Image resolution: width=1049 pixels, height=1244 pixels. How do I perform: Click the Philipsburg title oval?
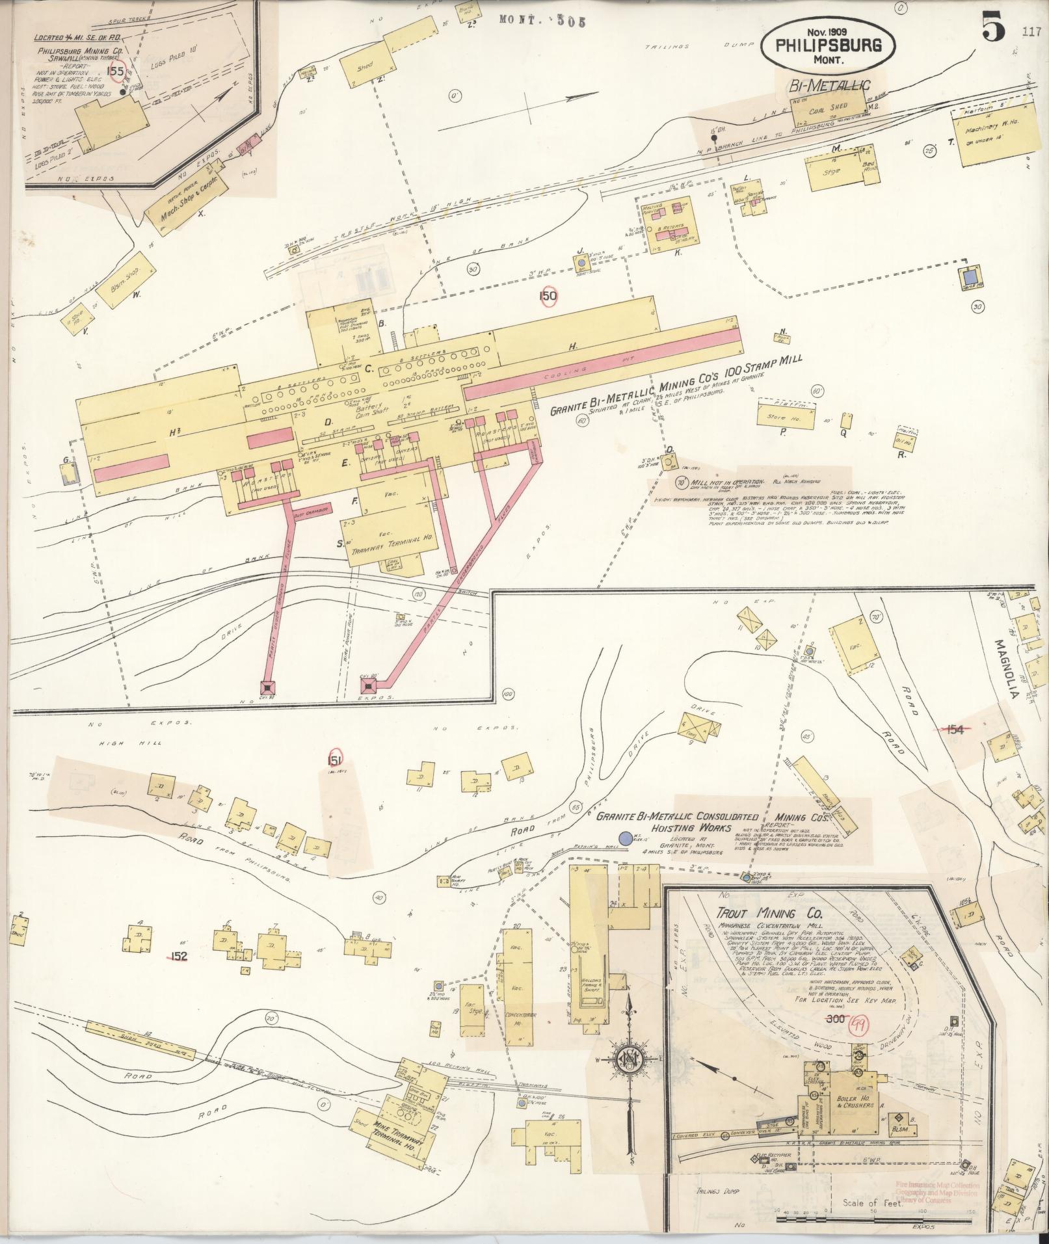pyautogui.click(x=827, y=46)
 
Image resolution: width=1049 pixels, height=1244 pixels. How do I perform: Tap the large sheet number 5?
pyautogui.click(x=993, y=29)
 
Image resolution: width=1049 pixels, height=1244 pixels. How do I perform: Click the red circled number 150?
pyautogui.click(x=548, y=297)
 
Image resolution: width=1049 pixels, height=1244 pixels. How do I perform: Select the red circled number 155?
pyautogui.click(x=116, y=71)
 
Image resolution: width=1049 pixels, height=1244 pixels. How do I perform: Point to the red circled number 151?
pyautogui.click(x=336, y=759)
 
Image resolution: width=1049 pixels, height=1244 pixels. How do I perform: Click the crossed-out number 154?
pyautogui.click(x=954, y=730)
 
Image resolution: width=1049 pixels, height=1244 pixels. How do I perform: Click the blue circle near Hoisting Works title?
pyautogui.click(x=626, y=839)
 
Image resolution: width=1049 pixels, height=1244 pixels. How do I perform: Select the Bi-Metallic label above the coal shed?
pyautogui.click(x=829, y=86)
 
